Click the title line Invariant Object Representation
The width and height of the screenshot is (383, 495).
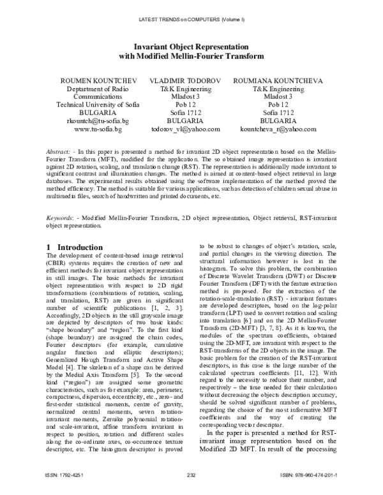click(x=191, y=47)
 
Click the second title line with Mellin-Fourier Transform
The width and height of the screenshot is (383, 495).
click(x=191, y=56)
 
